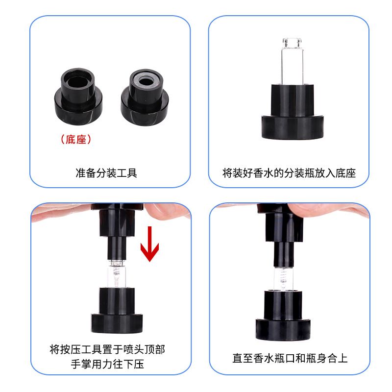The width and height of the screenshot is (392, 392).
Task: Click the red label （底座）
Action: [x=76, y=140]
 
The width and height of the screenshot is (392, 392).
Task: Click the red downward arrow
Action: [x=149, y=244]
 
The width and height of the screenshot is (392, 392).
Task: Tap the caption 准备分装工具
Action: [x=106, y=173]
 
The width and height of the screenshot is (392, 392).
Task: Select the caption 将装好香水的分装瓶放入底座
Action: [x=289, y=173]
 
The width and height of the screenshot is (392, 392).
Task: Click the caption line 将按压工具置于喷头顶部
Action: [x=107, y=349]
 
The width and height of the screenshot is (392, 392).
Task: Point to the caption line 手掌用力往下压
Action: [x=107, y=364]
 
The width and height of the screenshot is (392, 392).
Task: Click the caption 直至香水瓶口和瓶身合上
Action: [x=290, y=358]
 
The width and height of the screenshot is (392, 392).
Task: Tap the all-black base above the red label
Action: [x=78, y=97]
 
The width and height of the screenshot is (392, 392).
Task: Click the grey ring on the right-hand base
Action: [x=146, y=82]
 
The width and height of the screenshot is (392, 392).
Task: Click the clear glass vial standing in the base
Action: [x=292, y=61]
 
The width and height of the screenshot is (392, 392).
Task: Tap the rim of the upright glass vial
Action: [x=292, y=40]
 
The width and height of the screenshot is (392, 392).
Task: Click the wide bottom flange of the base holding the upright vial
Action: [x=293, y=127]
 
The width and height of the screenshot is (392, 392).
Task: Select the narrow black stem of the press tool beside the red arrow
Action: [x=117, y=248]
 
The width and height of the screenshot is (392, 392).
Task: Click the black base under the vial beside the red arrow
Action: [x=117, y=310]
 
